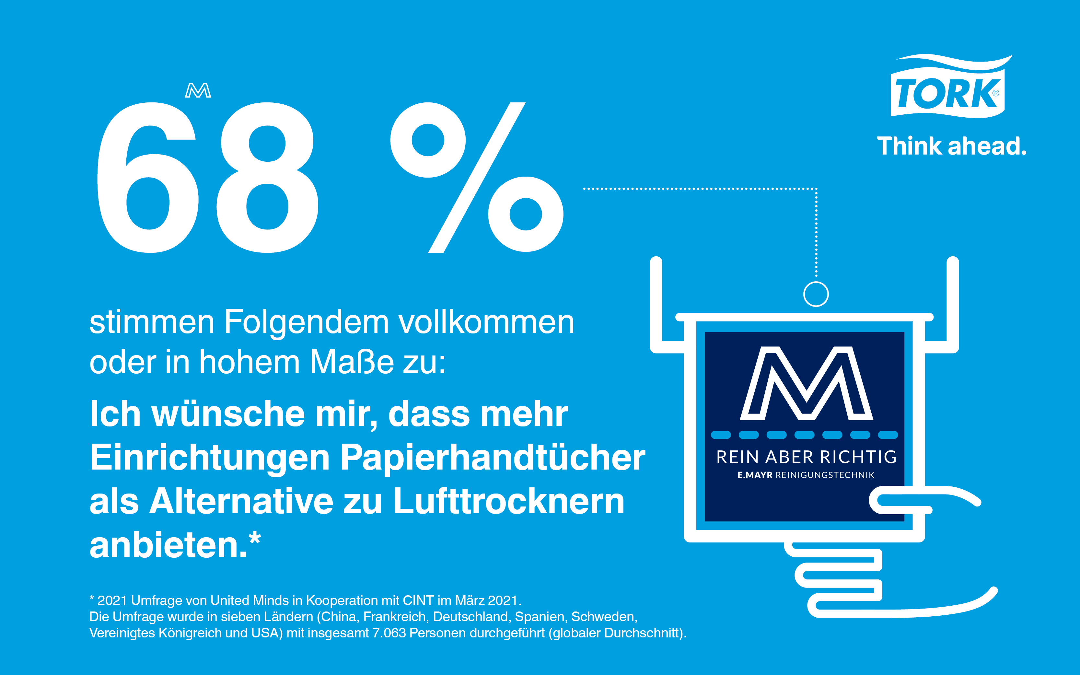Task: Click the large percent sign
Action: click(477, 177)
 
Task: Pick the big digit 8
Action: click(267, 179)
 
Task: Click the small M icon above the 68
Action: click(198, 91)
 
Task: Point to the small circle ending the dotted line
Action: click(816, 294)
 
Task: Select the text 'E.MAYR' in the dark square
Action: click(755, 475)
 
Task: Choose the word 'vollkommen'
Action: click(486, 322)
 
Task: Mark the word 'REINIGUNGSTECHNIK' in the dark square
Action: click(825, 475)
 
